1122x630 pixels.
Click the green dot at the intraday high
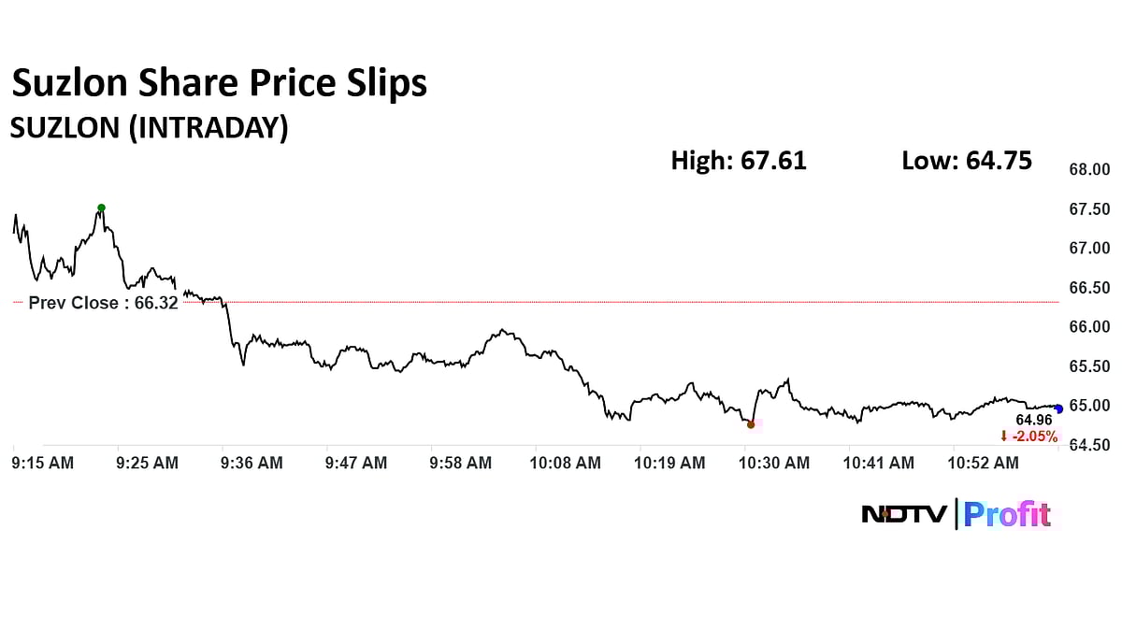pos(101,208)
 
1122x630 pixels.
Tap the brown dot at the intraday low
pos(751,424)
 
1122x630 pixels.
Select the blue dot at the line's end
pos(1058,408)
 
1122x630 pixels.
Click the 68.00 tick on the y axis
pos(1089,170)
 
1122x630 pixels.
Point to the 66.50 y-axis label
pos(1089,288)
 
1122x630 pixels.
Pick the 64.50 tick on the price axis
pos(1089,445)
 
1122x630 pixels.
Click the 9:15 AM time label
pos(42,463)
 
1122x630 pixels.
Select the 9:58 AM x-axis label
pos(461,463)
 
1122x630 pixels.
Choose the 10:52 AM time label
pos(980,463)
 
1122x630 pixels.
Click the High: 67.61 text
pos(739,161)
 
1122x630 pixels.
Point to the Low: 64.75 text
pos(967,161)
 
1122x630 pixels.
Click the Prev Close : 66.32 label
pos(103,303)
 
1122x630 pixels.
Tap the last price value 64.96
pos(1034,421)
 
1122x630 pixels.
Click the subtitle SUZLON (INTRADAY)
pos(149,127)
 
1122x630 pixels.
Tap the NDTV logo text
pos(904,514)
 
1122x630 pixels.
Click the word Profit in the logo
pos(1008,514)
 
